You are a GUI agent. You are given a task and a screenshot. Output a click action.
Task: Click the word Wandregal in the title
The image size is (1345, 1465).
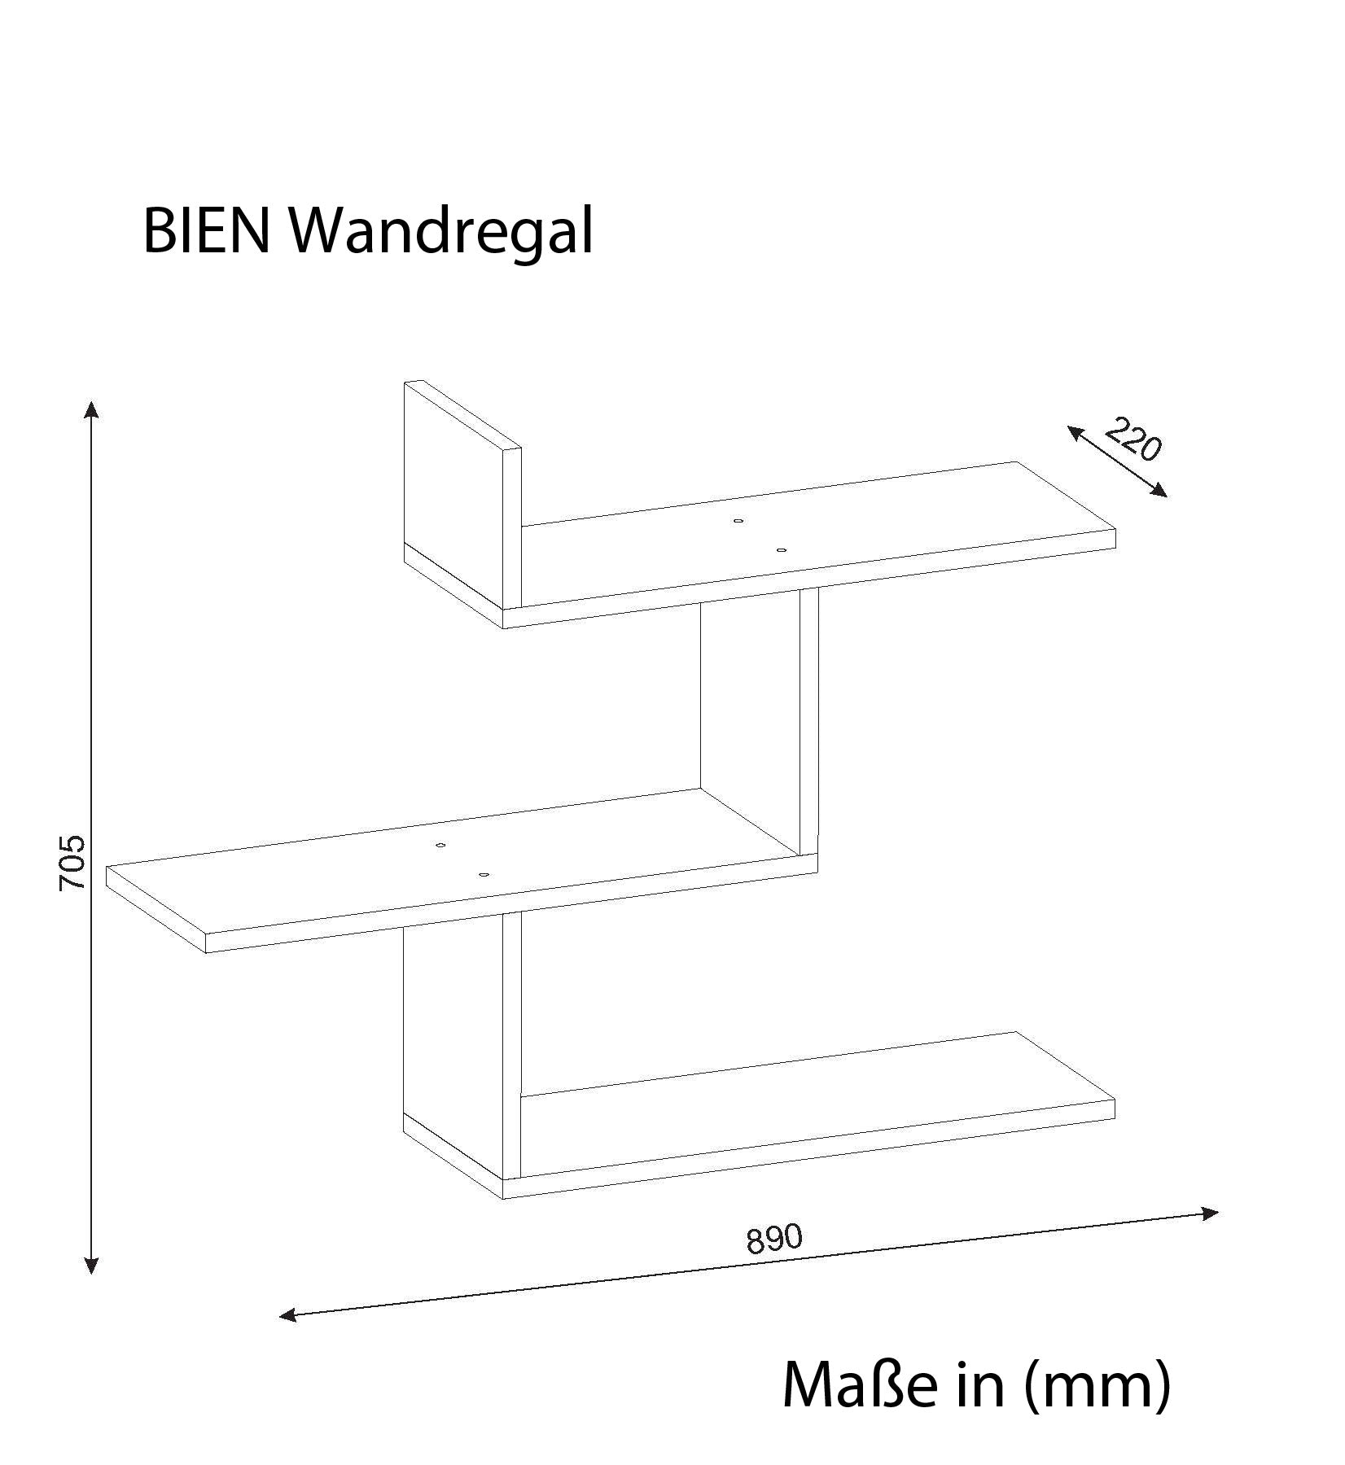[442, 232]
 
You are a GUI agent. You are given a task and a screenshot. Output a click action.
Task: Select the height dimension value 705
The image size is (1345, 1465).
[72, 862]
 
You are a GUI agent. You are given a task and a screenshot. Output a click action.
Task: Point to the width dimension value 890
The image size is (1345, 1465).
[774, 1239]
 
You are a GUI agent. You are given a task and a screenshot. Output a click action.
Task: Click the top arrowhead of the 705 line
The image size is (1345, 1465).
[92, 409]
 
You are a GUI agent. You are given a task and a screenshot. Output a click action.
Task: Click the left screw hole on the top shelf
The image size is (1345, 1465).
[738, 521]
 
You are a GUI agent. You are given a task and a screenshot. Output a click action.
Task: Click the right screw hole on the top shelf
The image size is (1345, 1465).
[782, 551]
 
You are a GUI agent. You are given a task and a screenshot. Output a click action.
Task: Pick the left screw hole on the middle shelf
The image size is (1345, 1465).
[440, 846]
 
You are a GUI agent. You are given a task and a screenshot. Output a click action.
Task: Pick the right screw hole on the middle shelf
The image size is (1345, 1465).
[484, 875]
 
